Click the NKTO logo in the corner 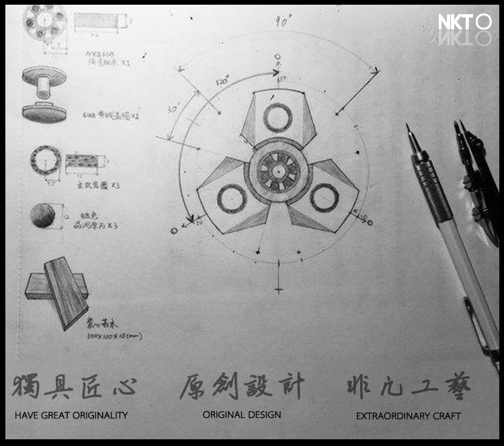click(x=465, y=23)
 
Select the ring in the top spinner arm click(x=277, y=118)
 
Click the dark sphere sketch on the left click(x=43, y=215)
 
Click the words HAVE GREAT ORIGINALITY click(x=71, y=416)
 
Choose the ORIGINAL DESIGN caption click(x=242, y=415)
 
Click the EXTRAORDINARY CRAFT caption click(x=408, y=416)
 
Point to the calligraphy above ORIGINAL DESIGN click(x=242, y=386)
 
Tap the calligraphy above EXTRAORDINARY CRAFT click(x=408, y=386)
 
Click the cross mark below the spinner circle click(x=278, y=289)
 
